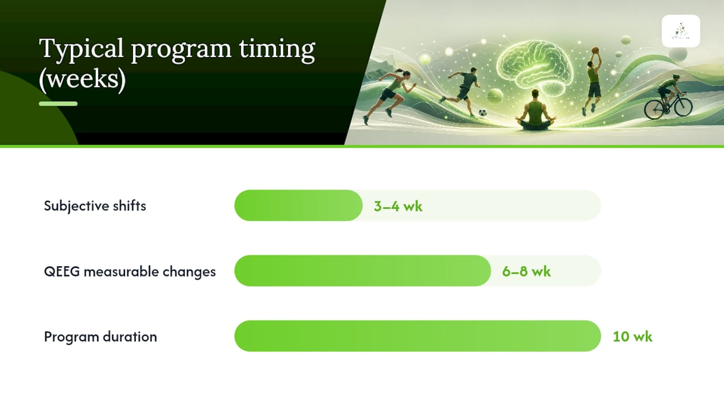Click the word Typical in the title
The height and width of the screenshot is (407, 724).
[x=81, y=49]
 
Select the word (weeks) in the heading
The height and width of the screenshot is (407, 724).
[x=83, y=79]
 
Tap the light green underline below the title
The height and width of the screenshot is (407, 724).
[x=58, y=103]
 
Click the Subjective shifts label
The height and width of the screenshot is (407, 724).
[x=95, y=206]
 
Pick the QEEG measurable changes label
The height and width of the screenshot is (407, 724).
[x=130, y=271]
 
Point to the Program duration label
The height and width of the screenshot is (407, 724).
[x=101, y=336]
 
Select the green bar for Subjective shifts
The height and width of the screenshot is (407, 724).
[x=298, y=205]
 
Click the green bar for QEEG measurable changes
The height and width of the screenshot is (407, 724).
[x=363, y=271]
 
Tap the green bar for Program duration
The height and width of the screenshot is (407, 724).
[x=417, y=336]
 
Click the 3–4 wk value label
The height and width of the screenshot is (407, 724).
[x=398, y=206]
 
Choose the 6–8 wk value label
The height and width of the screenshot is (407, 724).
[x=526, y=271]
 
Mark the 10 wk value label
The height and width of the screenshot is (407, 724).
[x=632, y=336]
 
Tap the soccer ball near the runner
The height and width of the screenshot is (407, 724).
[x=482, y=112]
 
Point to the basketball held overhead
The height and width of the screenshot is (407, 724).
[x=596, y=50]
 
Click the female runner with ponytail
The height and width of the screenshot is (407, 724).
[x=390, y=96]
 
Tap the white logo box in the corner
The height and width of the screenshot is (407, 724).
[x=681, y=31]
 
